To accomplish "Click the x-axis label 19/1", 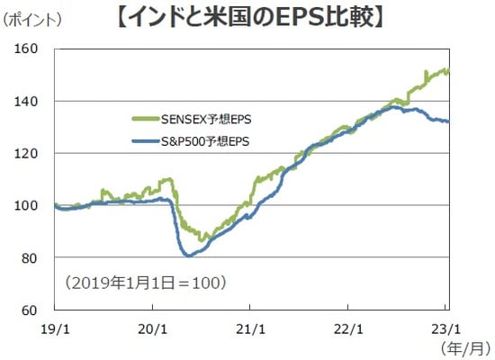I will click(55, 328).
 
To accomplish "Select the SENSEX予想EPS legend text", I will click(206, 117).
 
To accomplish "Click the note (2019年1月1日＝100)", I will click(145, 283).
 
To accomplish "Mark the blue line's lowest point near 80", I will click(189, 256).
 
